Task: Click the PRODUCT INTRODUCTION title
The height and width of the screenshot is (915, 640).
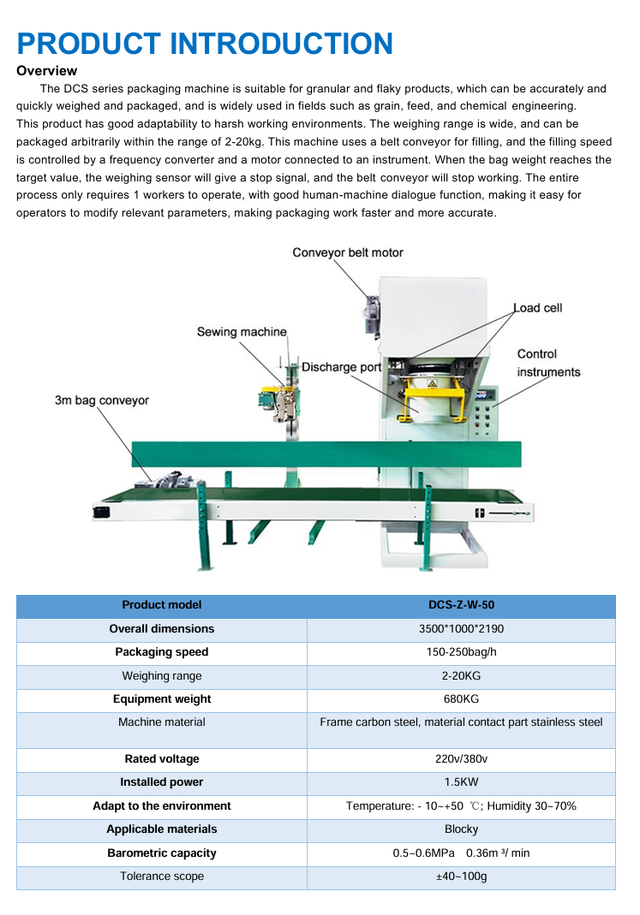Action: (x=205, y=43)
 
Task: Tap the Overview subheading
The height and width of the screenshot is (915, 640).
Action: (x=47, y=71)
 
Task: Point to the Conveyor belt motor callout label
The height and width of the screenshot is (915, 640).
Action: (x=347, y=253)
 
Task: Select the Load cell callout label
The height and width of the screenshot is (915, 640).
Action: (x=538, y=308)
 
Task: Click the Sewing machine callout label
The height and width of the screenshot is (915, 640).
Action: (x=242, y=332)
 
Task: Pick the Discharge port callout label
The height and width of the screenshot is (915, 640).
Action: (x=341, y=367)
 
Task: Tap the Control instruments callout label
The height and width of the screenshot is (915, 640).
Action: (x=548, y=363)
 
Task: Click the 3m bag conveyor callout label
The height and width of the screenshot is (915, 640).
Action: (x=102, y=400)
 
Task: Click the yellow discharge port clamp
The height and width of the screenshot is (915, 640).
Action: (x=432, y=398)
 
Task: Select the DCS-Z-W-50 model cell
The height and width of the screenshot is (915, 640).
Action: (x=461, y=605)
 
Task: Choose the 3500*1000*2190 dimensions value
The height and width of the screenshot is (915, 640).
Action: (x=461, y=629)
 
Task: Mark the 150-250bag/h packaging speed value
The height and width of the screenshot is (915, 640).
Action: (x=461, y=652)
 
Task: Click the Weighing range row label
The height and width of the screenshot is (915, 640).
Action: (x=162, y=676)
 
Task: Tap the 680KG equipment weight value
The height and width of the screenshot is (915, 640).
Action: (x=461, y=699)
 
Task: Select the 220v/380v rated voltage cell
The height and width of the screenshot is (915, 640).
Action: (x=461, y=759)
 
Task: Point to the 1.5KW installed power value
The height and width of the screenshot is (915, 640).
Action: (x=461, y=782)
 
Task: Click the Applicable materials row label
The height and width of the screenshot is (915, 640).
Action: (x=162, y=829)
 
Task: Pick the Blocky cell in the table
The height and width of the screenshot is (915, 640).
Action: (x=461, y=829)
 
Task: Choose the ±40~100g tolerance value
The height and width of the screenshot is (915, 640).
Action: (x=461, y=876)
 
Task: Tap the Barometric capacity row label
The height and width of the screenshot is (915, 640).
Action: (x=162, y=853)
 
